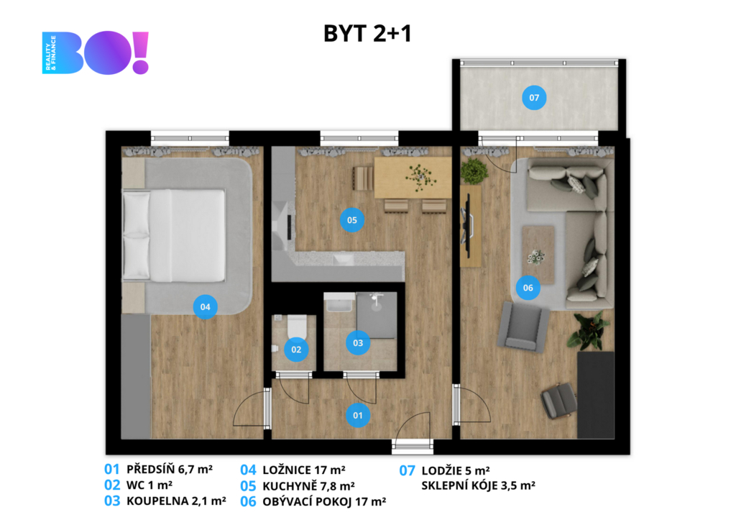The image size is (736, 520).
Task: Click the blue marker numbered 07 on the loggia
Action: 534,98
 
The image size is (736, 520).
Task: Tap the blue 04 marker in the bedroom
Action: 205,306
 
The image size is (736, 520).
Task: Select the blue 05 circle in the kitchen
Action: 352,220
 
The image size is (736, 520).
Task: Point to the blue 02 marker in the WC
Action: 296,350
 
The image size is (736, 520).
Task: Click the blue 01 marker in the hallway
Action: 358,415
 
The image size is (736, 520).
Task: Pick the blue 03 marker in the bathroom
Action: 358,343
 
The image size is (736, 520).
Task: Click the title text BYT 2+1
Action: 367,33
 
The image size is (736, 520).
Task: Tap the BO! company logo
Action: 96,53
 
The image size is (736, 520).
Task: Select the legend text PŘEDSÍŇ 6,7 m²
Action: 170,469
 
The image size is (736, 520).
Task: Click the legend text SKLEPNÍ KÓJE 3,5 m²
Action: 478,485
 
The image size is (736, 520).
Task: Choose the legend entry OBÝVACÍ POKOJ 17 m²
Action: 324,502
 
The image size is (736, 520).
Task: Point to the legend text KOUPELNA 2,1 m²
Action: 176,501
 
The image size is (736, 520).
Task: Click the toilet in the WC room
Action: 297,326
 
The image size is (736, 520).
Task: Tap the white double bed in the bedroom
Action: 174,235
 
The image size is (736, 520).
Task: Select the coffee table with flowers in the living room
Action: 538,254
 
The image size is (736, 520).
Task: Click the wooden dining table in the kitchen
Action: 413,178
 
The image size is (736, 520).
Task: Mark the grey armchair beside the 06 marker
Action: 524,327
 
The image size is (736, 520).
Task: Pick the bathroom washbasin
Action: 339,303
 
